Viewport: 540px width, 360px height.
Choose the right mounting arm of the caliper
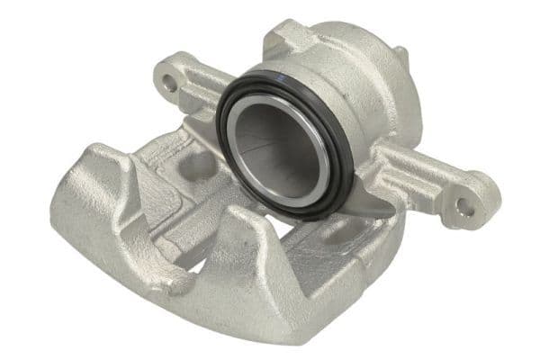(x=423, y=180)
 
